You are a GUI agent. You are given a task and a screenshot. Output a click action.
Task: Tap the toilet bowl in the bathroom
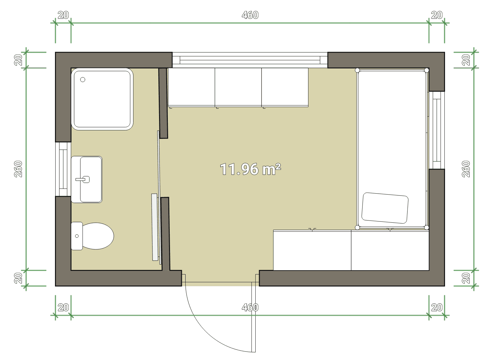coord(98,236)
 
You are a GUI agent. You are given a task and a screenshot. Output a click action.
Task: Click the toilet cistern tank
coord(77,236)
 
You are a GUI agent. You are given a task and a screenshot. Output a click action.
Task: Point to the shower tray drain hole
coord(82,79)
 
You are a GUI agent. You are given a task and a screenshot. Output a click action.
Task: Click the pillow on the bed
coord(385,208)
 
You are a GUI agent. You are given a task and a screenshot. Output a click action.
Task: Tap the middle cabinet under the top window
coord(238,87)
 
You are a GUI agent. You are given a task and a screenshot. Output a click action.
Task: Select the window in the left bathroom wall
coord(63,169)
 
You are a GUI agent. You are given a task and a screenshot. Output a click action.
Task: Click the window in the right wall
coord(437,130)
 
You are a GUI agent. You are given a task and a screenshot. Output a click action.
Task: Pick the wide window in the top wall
coord(250,60)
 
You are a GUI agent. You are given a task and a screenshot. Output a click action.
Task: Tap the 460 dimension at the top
coord(250,15)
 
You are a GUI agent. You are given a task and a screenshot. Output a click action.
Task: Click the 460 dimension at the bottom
coord(250,308)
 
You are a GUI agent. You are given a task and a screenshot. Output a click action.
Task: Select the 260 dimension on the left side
coord(18,169)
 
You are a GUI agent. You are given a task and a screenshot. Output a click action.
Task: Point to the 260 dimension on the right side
coord(466,169)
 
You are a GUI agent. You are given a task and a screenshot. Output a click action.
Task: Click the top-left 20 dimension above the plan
coord(63,15)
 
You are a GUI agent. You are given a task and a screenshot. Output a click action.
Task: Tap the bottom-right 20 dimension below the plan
coord(437,308)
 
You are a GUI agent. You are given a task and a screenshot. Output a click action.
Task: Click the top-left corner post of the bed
coord(357,70)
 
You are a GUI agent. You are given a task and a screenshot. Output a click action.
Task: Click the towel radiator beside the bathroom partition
coord(155,227)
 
